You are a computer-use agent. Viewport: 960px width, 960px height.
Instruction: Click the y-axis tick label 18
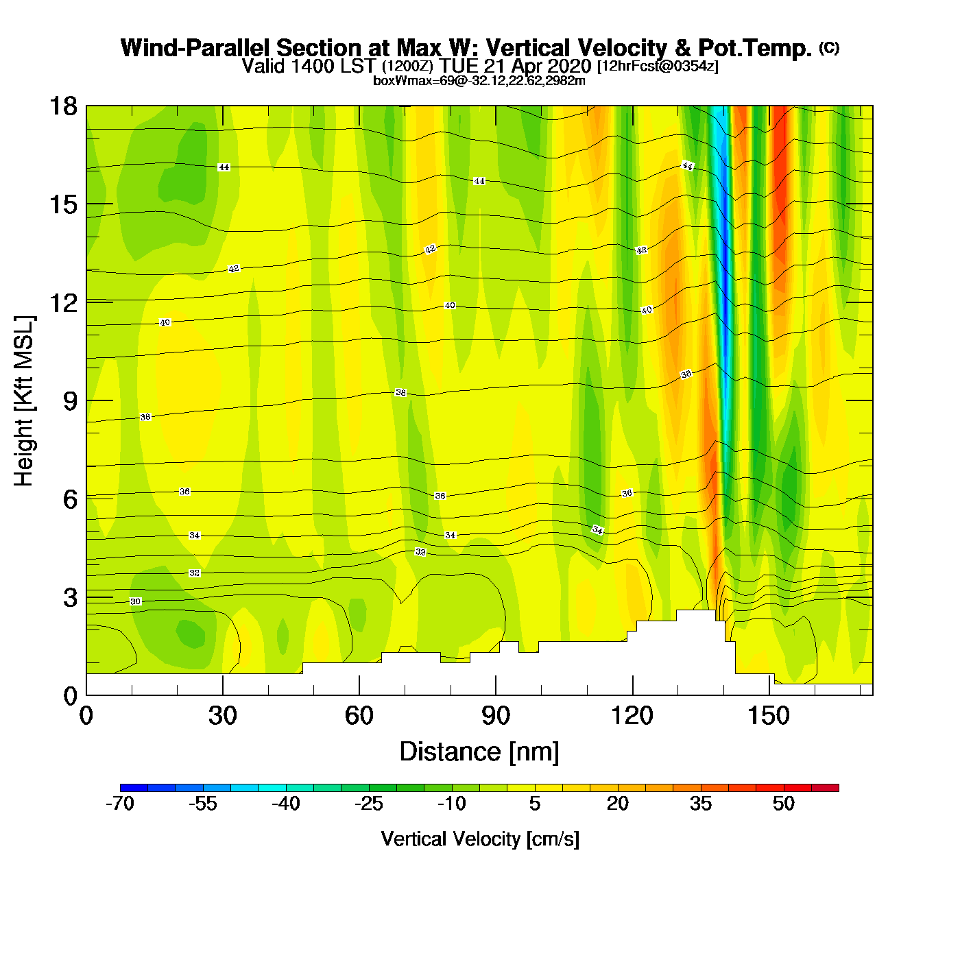pyautogui.click(x=62, y=106)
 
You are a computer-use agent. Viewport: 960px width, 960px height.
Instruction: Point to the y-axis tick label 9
pyautogui.click(x=70, y=401)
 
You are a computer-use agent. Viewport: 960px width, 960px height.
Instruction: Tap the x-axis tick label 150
pyautogui.click(x=769, y=716)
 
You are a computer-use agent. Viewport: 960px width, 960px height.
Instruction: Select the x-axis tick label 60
pyautogui.click(x=359, y=716)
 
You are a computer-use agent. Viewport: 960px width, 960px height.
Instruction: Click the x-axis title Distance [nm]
pyautogui.click(x=479, y=752)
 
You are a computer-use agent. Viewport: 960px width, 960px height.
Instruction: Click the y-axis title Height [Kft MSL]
pyautogui.click(x=24, y=401)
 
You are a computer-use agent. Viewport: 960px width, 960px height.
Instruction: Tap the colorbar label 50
pyautogui.click(x=783, y=804)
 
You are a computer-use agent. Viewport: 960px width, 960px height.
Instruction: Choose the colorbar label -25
pyautogui.click(x=368, y=804)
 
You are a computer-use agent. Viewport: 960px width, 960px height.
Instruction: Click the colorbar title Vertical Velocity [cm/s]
pyautogui.click(x=479, y=839)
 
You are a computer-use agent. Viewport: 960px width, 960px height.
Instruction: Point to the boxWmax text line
pyautogui.click(x=479, y=81)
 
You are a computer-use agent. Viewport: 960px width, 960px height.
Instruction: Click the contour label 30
pyautogui.click(x=136, y=601)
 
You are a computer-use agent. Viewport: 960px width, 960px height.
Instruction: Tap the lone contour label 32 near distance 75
pyautogui.click(x=420, y=552)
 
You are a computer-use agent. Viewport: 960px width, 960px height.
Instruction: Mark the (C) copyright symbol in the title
pyautogui.click(x=829, y=47)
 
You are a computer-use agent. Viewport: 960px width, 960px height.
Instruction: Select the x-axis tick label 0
pyautogui.click(x=86, y=716)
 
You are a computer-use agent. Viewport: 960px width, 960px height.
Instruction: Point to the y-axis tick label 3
pyautogui.click(x=70, y=598)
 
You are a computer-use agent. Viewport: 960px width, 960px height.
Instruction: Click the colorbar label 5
pyautogui.click(x=535, y=804)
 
